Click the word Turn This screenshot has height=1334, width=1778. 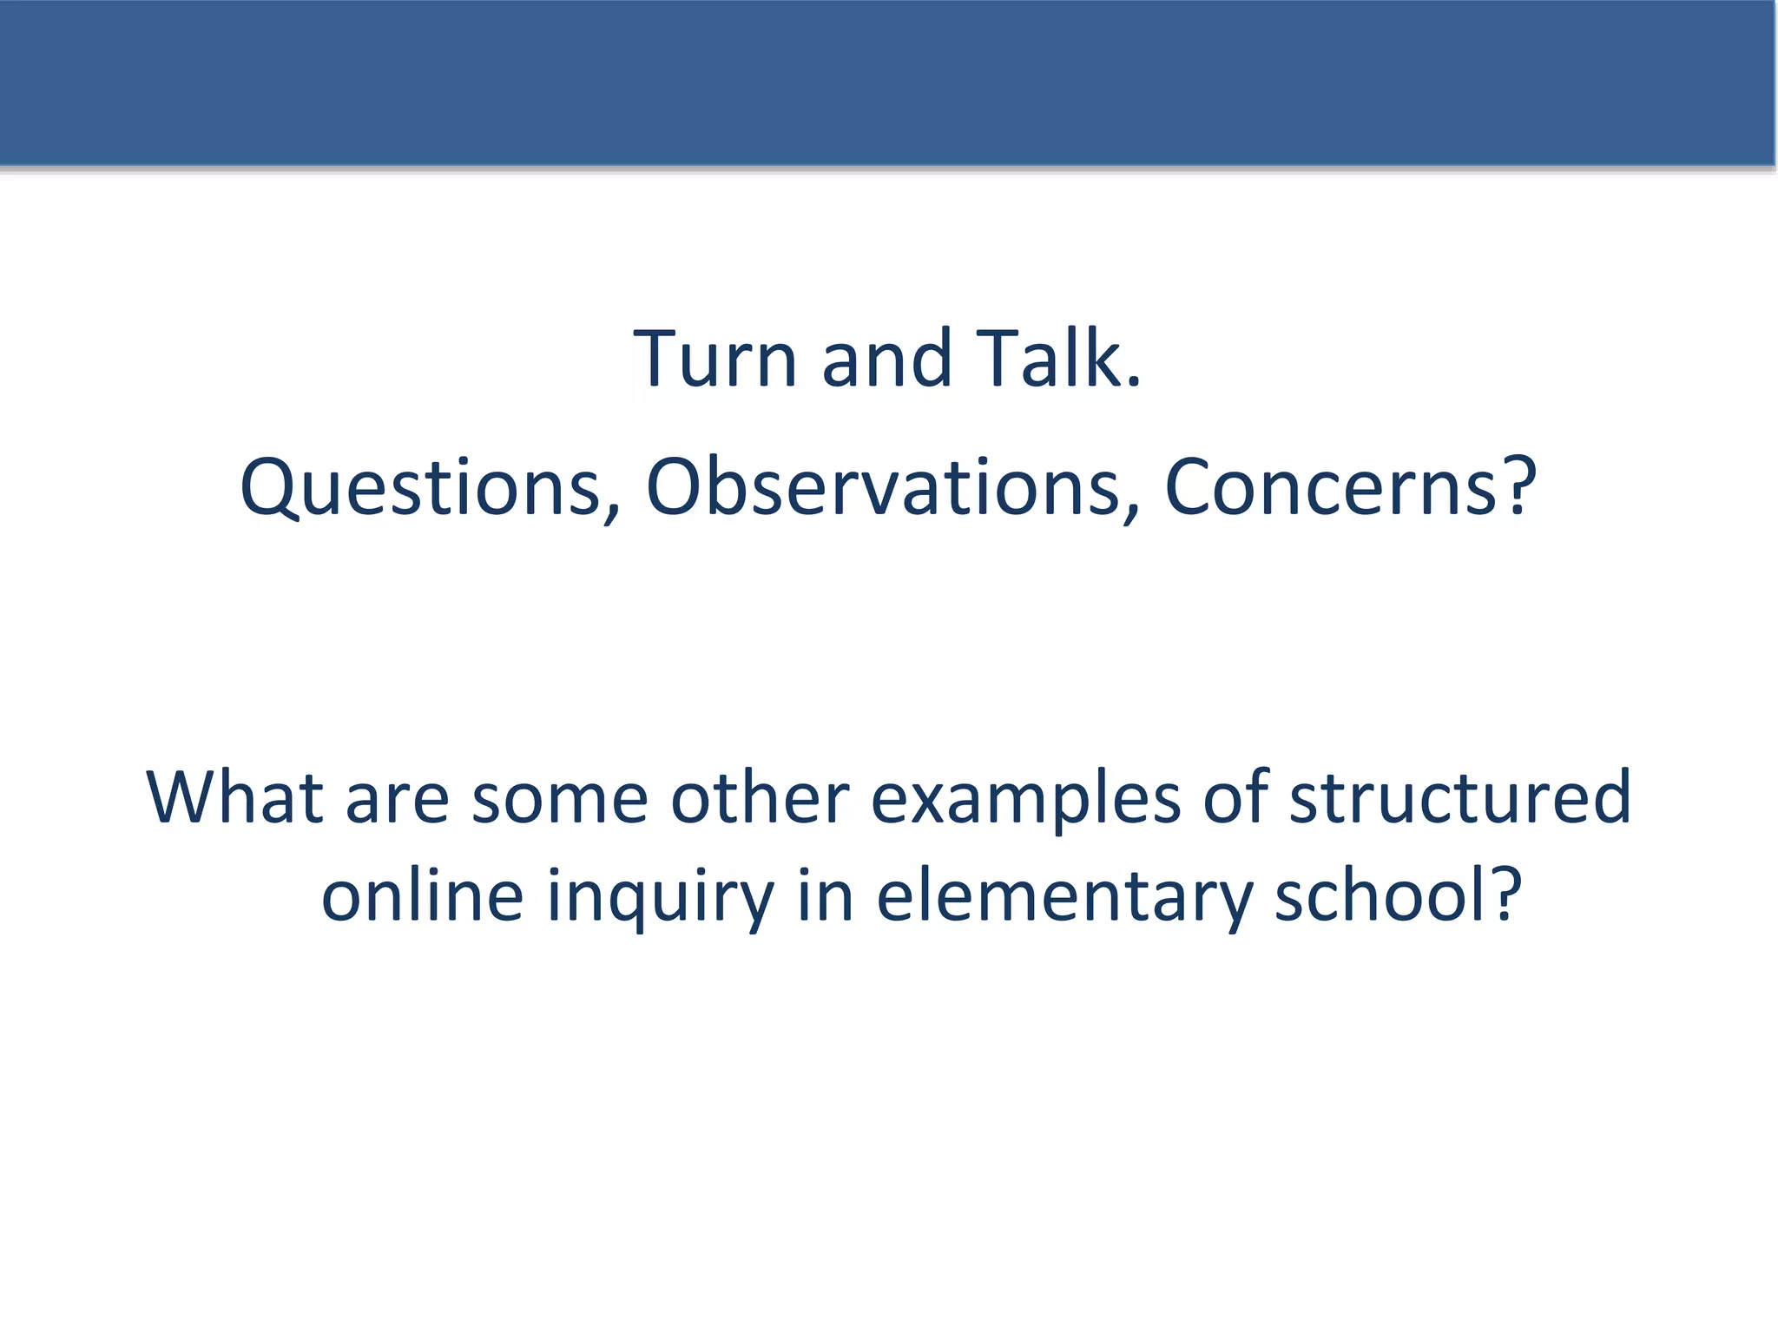coord(714,359)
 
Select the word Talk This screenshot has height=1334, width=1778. coord(1049,359)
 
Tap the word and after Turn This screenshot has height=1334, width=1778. coord(886,359)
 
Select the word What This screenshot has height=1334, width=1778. coord(234,797)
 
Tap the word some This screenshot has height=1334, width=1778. coord(559,799)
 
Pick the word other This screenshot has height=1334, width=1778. coord(760,797)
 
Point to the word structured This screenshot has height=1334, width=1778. coord(1460,797)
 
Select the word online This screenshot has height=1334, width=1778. coord(422,895)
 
